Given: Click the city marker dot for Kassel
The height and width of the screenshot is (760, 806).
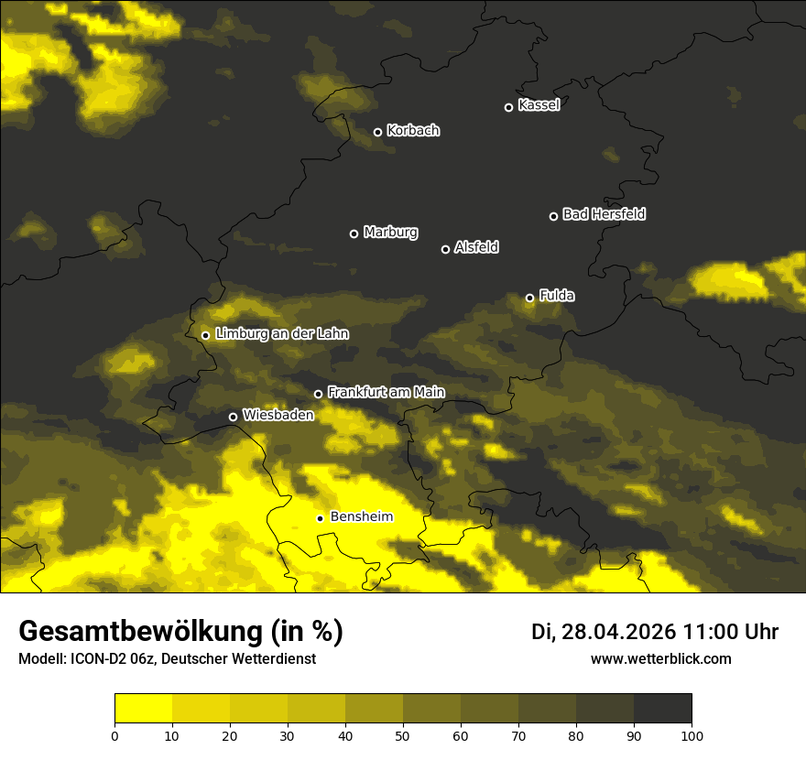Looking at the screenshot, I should coord(508,107).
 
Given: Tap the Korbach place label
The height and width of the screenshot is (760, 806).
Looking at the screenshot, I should coord(413,131).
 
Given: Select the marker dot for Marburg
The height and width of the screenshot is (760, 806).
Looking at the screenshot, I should coord(354,233).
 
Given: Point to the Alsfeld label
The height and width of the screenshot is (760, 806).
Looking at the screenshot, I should coord(476,247).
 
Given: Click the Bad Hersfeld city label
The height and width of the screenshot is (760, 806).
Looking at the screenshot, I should coord(604,214).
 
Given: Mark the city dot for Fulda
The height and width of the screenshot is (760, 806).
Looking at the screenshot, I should coord(529,298).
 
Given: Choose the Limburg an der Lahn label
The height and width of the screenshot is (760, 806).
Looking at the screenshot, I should coord(281,334).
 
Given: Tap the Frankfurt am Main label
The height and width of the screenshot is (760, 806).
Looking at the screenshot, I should coord(386,392).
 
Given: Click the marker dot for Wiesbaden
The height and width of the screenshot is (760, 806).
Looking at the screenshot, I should coord(233,417).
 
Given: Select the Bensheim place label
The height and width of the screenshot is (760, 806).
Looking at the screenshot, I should coord(361,516).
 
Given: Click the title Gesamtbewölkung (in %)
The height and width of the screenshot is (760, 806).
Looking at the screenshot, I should coord(180,631).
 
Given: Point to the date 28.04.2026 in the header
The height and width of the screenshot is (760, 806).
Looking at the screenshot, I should coord(618,632).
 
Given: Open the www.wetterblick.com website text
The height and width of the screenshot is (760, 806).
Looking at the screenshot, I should coord(660,658).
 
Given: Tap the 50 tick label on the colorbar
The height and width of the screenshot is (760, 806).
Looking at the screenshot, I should coord(403,735).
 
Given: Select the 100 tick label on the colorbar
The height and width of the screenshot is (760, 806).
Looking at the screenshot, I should coord(692,735).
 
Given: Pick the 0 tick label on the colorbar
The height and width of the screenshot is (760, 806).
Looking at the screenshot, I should coord(114,735).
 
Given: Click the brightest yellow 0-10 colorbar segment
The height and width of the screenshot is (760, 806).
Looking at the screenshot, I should coord(143,709).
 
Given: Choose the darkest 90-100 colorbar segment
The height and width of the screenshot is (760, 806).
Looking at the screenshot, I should coord(662,709).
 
